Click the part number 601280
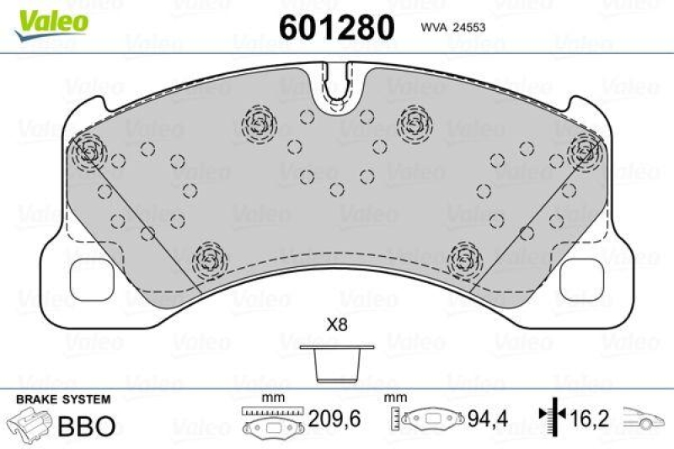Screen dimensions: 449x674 tap(336, 28)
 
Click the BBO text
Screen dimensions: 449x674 tap(86, 425)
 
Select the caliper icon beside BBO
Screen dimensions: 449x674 tap(30, 425)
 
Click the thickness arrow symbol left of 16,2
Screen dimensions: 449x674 tap(550, 416)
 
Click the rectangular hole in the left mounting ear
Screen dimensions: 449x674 tap(85, 273)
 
